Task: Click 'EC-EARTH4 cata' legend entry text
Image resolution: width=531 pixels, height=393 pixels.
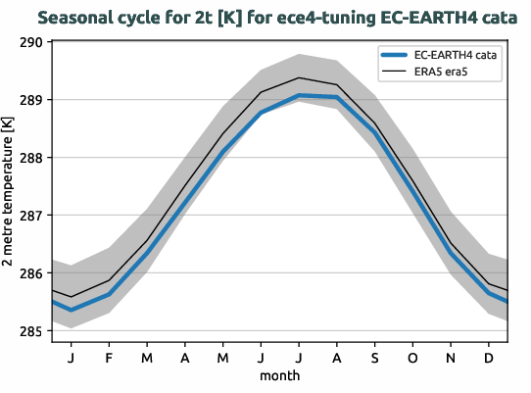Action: (x=455, y=56)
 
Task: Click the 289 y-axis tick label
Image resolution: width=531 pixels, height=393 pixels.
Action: (x=29, y=100)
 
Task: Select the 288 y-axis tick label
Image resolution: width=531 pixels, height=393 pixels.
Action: (x=29, y=158)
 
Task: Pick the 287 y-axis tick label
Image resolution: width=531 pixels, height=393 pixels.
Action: (x=29, y=216)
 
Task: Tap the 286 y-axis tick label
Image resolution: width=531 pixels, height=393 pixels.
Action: (x=29, y=273)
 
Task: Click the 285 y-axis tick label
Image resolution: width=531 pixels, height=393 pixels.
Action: (x=29, y=331)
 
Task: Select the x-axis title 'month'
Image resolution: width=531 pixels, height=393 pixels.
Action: (x=280, y=375)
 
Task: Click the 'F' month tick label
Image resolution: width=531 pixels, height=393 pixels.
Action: (x=109, y=358)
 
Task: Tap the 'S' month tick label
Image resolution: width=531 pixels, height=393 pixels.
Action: (x=374, y=358)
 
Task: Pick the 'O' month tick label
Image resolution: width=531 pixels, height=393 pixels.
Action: (x=412, y=358)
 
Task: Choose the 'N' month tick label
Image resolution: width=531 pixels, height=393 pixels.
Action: (x=451, y=358)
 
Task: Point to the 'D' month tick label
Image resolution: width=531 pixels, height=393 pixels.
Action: (x=488, y=358)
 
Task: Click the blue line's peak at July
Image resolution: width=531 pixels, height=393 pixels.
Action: (x=299, y=96)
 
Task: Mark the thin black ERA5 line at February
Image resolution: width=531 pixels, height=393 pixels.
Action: (x=109, y=280)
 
